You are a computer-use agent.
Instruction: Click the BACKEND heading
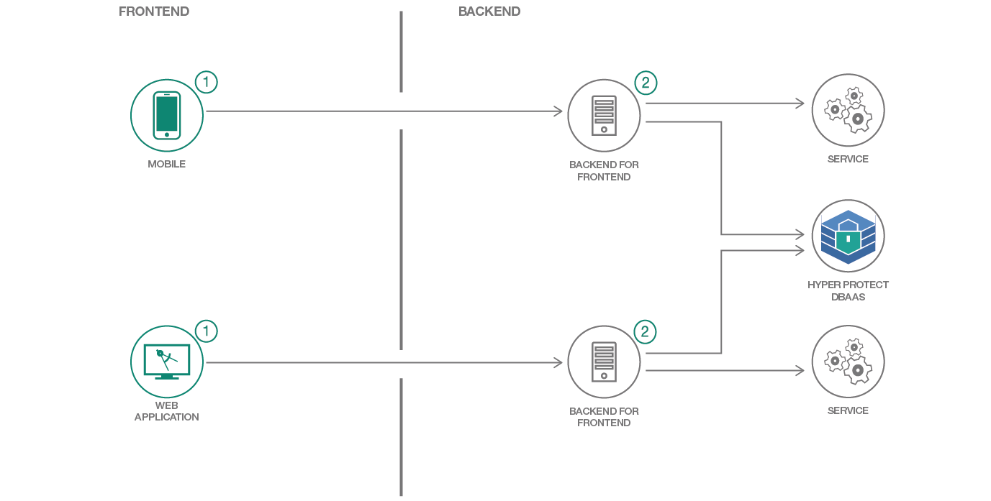(489, 12)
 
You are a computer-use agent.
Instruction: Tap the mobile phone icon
(167, 115)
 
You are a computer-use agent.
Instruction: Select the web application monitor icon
(167, 361)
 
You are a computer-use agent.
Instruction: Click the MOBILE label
(167, 164)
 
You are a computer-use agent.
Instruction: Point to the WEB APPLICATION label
(167, 411)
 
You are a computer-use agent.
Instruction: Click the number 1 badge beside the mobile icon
(206, 83)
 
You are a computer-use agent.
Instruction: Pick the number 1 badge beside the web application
(206, 331)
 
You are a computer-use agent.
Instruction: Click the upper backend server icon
(604, 115)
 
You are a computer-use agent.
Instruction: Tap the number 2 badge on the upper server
(645, 83)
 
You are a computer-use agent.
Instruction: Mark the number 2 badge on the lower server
(645, 331)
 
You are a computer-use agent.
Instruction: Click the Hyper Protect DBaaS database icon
(848, 236)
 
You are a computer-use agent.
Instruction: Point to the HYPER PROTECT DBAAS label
(848, 290)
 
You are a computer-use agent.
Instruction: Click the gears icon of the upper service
(848, 110)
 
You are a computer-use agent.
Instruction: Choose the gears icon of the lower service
(848, 361)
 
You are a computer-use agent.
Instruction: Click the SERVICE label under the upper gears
(848, 159)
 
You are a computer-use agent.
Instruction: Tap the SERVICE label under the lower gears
(848, 410)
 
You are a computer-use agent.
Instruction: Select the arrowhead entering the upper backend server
(558, 111)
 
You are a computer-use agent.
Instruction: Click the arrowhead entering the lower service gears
(800, 371)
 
